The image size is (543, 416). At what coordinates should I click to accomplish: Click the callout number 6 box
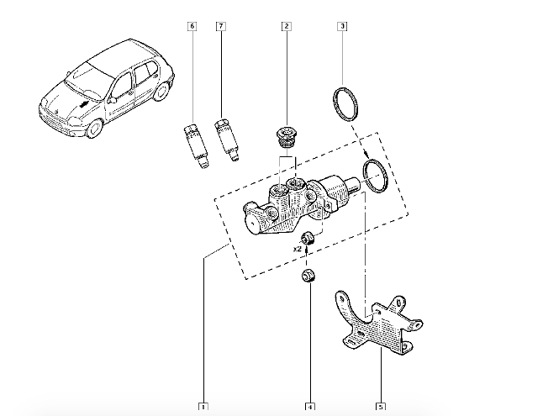tap(192, 27)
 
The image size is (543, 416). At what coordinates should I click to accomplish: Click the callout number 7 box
tap(220, 27)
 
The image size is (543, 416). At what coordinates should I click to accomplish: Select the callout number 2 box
tap(287, 27)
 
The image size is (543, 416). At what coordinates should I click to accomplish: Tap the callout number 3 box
tap(342, 27)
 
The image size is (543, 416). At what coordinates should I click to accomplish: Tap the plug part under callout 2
tap(287, 136)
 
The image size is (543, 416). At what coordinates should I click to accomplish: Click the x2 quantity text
tap(297, 249)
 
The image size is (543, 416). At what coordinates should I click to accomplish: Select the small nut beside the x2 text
tap(309, 238)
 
